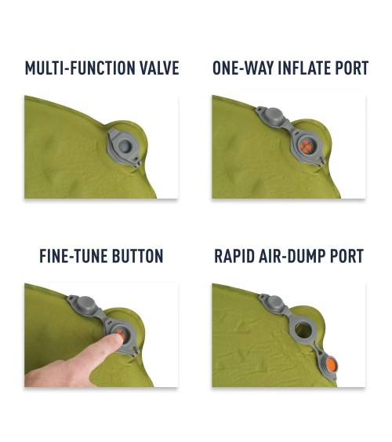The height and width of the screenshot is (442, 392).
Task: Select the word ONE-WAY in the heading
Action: [x=243, y=68]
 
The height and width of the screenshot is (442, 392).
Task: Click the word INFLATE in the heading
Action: [x=304, y=68]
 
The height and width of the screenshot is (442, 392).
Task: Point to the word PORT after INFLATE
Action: [x=352, y=68]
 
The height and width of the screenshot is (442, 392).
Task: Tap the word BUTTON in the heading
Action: [x=138, y=256]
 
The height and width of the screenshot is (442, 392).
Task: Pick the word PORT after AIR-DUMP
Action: [x=347, y=256]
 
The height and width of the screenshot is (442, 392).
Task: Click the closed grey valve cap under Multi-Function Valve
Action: [x=124, y=147]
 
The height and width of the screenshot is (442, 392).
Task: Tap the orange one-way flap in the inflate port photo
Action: [x=306, y=147]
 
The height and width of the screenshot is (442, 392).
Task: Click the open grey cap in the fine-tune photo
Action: [x=85, y=305]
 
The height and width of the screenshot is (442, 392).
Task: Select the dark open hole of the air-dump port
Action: [x=302, y=331]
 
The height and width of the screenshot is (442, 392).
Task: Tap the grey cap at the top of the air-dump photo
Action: [x=273, y=303]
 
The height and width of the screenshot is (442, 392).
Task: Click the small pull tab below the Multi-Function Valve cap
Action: [x=137, y=163]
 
